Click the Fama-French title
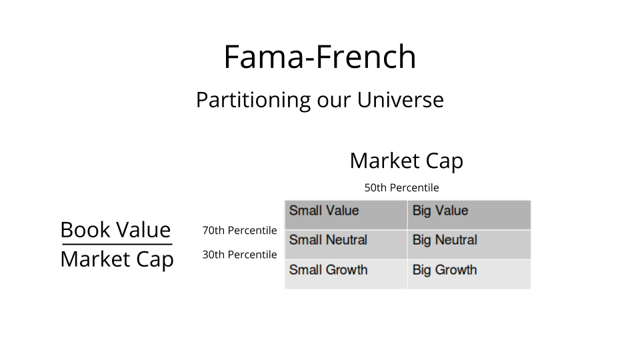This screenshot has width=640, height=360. click(320, 57)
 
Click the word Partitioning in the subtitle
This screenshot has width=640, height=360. click(253, 100)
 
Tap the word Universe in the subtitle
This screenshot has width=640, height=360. click(401, 99)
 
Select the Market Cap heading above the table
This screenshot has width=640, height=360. click(407, 161)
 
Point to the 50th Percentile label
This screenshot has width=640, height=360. click(401, 188)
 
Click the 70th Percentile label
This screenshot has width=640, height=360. click(239, 231)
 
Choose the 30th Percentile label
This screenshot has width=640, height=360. click(239, 255)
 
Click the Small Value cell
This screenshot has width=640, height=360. click(346, 215)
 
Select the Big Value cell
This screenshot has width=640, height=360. click(469, 215)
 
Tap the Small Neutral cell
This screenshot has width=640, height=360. click(346, 245)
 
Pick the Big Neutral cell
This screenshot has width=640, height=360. click(469, 245)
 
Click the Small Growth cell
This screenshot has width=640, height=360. click(346, 274)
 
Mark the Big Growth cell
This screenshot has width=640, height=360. click(469, 274)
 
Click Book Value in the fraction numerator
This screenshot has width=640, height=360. click(115, 230)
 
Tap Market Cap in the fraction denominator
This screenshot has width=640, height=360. click(117, 259)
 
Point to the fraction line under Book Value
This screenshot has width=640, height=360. click(117, 245)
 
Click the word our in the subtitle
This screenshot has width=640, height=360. click(333, 101)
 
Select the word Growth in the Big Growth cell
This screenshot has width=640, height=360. click(456, 270)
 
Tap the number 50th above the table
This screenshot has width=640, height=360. click(375, 188)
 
